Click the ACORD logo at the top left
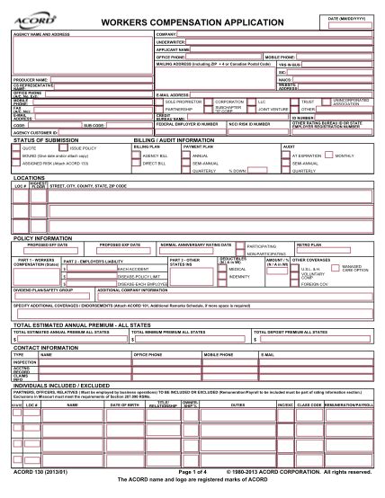(35, 12)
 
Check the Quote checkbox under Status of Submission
(20, 146)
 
